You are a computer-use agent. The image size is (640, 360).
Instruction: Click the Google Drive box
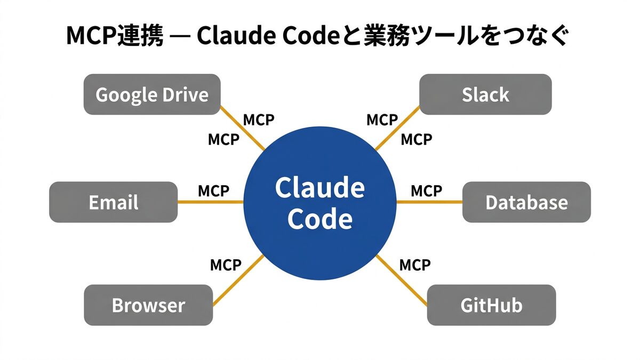pos(152,94)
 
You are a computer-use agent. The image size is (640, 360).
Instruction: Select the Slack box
pos(485,94)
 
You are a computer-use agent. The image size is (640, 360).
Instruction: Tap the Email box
pos(113,202)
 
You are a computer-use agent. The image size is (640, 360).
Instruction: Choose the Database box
pos(526,202)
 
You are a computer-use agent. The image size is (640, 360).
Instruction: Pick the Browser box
pos(148,305)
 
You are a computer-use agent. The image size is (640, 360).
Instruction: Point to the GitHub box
pos(491,305)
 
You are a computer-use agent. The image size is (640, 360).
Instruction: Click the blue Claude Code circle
pos(320,203)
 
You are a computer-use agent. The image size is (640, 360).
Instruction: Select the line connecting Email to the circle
pos(210,202)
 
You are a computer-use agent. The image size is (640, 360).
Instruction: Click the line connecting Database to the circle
pos(429,202)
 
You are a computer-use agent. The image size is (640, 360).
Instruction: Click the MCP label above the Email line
pos(213,190)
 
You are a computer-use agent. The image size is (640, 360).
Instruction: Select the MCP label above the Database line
pos(426,190)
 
